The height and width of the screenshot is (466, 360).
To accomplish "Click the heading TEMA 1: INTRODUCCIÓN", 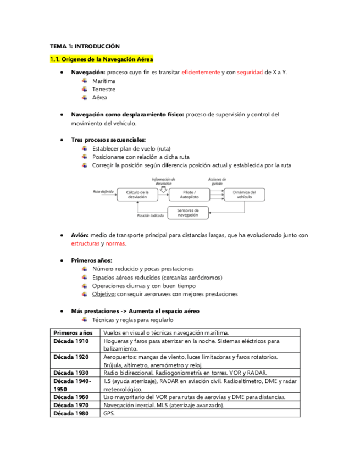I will [85, 46].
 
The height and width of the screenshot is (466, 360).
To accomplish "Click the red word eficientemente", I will [201, 73].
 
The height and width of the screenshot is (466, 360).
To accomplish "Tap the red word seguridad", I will [250, 73].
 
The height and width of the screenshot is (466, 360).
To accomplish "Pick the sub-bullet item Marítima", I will [104, 81].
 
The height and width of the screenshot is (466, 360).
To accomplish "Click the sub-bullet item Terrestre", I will [104, 89].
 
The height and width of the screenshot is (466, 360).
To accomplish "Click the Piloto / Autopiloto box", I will [189, 195].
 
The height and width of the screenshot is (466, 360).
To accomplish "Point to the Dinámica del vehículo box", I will [244, 195].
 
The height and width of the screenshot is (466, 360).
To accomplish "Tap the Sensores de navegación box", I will [189, 213].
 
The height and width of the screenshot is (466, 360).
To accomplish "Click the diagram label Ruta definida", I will [103, 191].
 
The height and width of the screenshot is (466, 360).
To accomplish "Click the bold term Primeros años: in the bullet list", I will [92, 260].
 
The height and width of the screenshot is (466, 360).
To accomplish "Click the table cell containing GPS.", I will [108, 413].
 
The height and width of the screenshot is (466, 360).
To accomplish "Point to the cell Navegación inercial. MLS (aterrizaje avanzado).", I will [164, 404].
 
